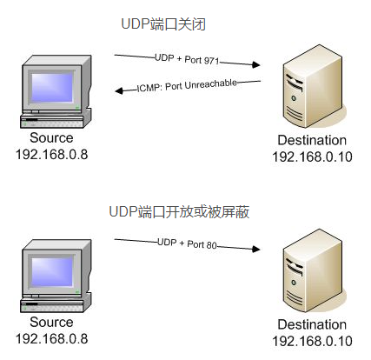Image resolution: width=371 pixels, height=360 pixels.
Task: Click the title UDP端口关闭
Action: [163, 24]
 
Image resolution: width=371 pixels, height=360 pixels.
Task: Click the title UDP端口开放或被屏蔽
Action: [179, 211]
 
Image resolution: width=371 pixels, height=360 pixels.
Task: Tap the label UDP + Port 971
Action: [187, 59]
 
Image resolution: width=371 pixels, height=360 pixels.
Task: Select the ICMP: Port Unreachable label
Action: [187, 86]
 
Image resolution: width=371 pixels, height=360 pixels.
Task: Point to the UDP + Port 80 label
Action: [187, 243]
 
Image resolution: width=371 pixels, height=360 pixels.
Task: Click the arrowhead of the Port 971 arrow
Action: [256, 64]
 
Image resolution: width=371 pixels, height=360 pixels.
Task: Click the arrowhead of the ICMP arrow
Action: [119, 90]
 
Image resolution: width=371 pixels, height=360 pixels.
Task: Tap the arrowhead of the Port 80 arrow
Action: [256, 249]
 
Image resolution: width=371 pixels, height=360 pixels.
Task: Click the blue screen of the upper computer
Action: [52, 87]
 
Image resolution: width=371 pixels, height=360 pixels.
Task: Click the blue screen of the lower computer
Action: [52, 271]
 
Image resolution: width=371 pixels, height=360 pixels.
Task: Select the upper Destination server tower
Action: [312, 86]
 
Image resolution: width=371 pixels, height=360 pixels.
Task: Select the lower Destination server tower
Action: [312, 270]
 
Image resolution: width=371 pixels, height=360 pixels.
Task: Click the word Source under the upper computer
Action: [51, 138]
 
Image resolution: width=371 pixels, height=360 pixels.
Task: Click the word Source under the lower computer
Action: [51, 323]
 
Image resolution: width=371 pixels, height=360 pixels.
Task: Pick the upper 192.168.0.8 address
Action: [51, 155]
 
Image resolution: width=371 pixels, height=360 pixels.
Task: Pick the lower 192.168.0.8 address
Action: [51, 339]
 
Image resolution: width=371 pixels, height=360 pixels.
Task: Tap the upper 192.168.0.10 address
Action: [312, 157]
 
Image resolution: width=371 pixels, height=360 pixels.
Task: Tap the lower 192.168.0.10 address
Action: [312, 341]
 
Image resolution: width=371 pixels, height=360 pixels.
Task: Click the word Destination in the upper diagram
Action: [312, 140]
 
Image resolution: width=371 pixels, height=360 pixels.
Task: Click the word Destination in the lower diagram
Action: [312, 324]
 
